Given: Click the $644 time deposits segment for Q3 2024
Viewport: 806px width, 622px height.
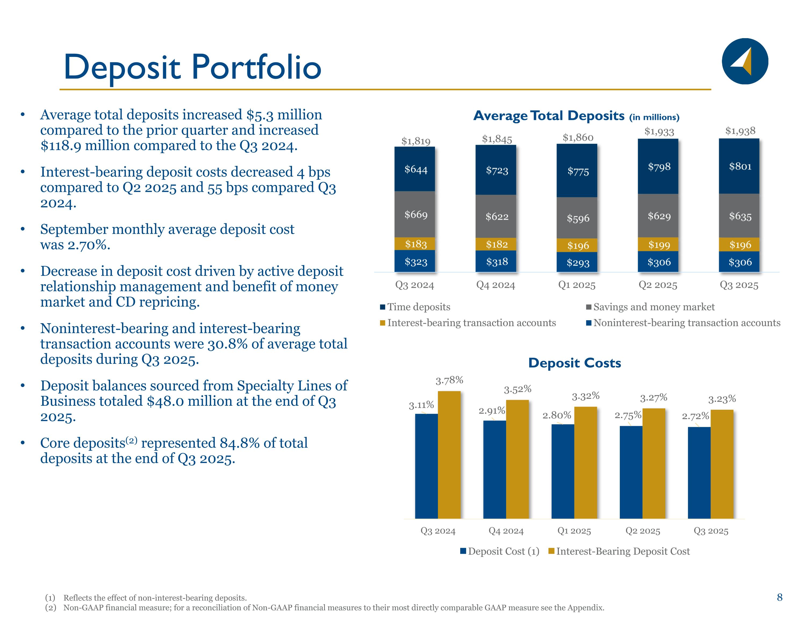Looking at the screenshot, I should tap(416, 170).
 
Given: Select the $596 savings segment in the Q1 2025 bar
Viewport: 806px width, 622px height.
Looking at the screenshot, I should tap(578, 218).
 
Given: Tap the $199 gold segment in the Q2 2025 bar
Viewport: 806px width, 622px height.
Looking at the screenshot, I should tap(659, 245).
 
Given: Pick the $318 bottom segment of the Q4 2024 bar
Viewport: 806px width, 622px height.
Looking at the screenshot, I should tap(497, 262).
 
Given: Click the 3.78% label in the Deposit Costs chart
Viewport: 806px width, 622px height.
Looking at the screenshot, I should tap(449, 380).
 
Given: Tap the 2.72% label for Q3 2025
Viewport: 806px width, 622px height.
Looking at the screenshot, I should tap(695, 416).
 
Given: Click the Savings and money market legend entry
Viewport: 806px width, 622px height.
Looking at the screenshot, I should tap(654, 307).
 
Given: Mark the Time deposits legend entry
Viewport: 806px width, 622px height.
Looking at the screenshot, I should tap(419, 307).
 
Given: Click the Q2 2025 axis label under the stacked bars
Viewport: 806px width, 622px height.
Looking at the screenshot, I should tap(658, 285).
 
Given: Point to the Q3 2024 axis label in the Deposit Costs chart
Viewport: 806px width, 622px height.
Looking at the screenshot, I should tap(438, 531).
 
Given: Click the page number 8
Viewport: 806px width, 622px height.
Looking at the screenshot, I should tap(779, 597).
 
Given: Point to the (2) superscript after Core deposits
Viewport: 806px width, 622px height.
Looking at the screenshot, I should tap(131, 440).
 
